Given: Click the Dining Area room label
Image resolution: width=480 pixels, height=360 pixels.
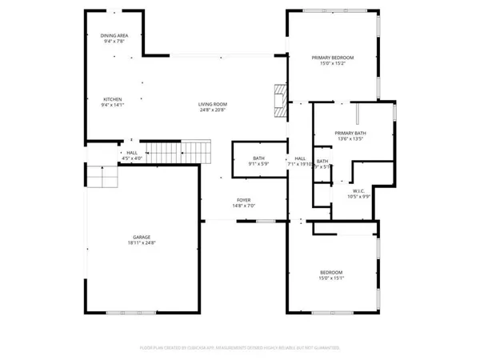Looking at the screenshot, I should coord(114,35).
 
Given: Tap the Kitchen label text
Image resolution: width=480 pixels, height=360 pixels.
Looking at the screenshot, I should coord(111,99).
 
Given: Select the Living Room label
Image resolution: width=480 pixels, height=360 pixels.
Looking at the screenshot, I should coord(214,105).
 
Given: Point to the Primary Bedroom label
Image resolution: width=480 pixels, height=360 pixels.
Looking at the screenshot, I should coord(332,58).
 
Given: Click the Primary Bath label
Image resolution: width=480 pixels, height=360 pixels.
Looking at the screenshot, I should coord(350,133).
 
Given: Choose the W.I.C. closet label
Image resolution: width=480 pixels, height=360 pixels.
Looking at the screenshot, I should coord(358,191).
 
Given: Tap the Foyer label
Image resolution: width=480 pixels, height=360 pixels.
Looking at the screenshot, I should coord(243,200).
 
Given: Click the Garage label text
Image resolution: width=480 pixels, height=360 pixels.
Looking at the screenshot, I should coord(142,238).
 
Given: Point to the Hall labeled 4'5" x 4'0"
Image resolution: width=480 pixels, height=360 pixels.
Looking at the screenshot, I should coord(130,153).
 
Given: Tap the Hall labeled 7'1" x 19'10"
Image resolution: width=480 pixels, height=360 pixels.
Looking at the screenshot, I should coord(300,158).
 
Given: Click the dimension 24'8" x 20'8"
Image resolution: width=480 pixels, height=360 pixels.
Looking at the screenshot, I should coord(214,111).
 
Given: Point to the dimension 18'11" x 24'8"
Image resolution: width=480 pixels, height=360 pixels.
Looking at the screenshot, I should coord(142,244).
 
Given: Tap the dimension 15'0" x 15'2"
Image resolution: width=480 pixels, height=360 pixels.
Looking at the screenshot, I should coord(332,64).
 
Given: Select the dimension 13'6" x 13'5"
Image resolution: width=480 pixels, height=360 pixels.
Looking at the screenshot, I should coord(350,139).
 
